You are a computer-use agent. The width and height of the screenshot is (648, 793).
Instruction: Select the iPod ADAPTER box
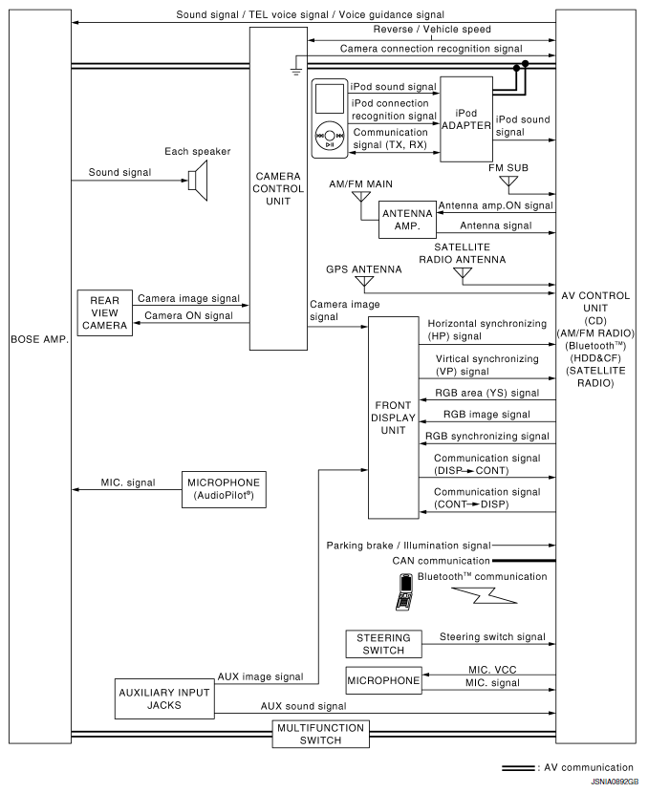(465, 118)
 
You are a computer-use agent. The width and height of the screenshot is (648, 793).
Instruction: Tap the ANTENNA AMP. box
(407, 220)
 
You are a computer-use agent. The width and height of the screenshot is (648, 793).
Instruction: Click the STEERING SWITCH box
(383, 644)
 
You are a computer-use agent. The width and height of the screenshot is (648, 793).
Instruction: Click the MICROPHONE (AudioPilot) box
(223, 490)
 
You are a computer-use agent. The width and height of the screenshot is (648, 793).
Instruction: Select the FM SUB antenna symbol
(508, 182)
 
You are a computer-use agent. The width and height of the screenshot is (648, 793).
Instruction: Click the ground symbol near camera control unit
(296, 68)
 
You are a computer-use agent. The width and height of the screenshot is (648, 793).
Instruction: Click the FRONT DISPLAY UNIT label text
(394, 418)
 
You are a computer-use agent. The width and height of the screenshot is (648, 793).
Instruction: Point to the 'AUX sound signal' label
(303, 706)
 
